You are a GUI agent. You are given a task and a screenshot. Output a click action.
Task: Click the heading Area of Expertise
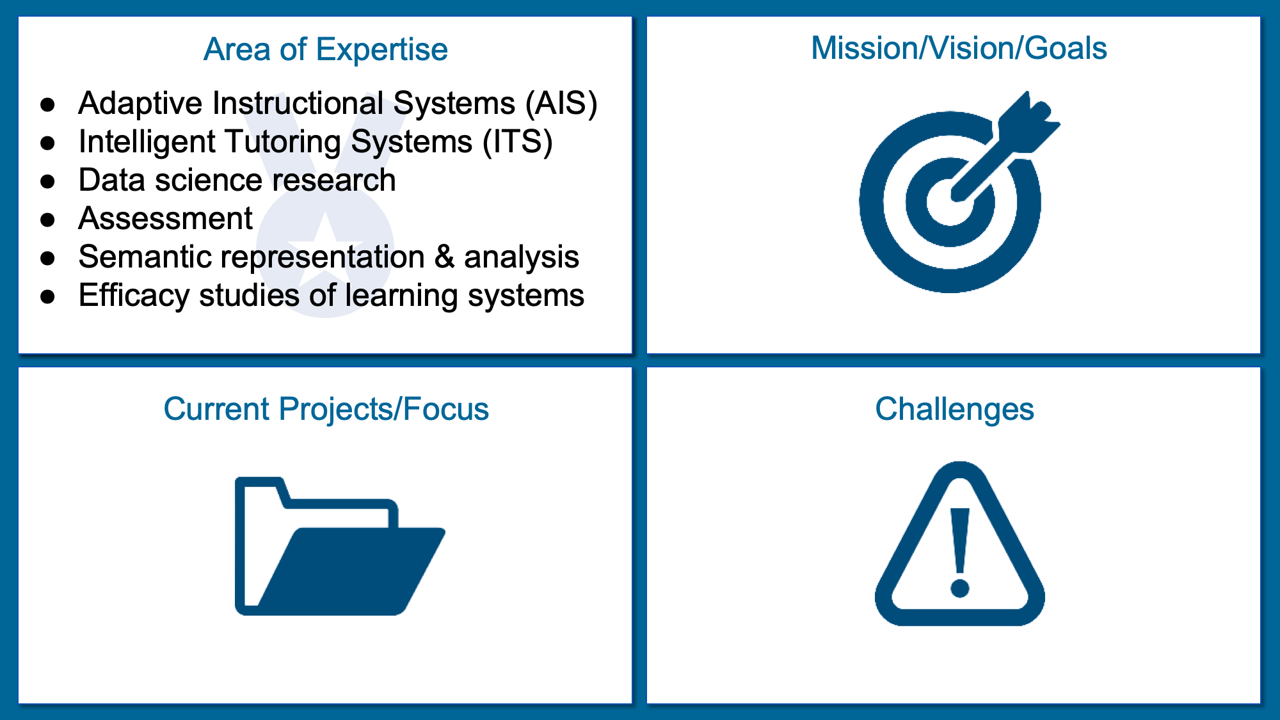coord(325,49)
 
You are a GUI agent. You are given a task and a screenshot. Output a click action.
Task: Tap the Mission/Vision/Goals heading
coord(959,48)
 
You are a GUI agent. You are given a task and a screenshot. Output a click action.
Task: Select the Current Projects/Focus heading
coord(326,409)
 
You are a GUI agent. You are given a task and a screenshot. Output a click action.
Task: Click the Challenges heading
coord(954,409)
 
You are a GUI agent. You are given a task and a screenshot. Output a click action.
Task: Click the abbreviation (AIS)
coord(561,104)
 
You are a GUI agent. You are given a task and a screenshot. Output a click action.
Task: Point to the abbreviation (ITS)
coord(517,142)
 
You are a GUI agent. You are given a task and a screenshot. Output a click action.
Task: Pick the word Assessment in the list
coord(165,218)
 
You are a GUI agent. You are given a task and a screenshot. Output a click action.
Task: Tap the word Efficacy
coord(134,296)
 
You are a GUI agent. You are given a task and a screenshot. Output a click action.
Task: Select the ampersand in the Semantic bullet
coord(445,257)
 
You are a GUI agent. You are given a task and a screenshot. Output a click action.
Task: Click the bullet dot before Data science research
coord(48,181)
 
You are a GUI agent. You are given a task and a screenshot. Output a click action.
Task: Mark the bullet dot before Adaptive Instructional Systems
coord(48,104)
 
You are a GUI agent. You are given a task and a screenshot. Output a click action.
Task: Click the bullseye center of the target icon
coord(950,202)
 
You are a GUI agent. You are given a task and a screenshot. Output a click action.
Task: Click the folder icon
coord(340,546)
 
